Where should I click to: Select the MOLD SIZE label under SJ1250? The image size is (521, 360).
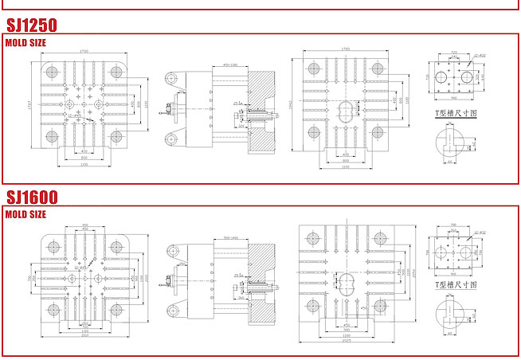[25, 42]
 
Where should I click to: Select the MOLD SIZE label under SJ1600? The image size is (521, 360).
[25, 214]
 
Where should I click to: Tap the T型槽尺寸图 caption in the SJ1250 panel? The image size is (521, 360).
[451, 115]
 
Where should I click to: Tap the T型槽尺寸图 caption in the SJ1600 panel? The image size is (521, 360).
[451, 284]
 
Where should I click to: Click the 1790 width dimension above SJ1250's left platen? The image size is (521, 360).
[84, 52]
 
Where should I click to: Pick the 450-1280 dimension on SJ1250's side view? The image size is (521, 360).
[231, 65]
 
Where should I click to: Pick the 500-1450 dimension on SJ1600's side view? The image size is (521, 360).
[232, 238]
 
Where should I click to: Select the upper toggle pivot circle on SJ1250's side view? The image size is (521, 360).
[171, 78]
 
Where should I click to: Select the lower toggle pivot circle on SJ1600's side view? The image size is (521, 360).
[171, 308]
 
